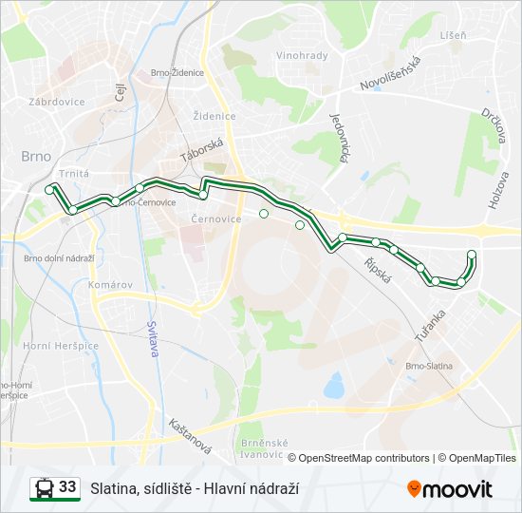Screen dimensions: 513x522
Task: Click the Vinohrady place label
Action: tap(302, 55)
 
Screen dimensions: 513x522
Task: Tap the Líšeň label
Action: tap(454, 35)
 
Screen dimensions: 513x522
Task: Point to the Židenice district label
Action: tap(213, 116)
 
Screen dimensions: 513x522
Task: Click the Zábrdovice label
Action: tap(57, 101)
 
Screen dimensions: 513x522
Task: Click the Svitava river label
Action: tap(152, 337)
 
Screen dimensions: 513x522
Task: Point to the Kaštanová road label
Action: tap(188, 435)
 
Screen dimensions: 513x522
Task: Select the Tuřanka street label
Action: tap(429, 325)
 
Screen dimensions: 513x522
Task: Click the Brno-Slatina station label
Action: tap(429, 366)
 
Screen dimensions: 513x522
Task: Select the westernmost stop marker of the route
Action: tap(49, 190)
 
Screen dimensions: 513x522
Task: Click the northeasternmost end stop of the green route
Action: tap(472, 253)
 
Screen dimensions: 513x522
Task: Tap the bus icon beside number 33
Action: tap(43, 488)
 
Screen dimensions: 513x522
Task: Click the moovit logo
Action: tap(450, 488)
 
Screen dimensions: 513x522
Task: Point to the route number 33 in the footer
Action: tap(67, 487)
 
